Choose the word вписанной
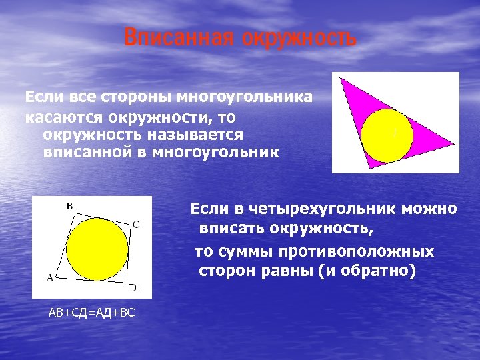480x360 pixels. coord(85,153)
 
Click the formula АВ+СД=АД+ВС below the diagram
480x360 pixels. coord(91,313)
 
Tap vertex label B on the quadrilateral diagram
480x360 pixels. coord(69,207)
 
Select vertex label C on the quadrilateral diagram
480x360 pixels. coord(136,224)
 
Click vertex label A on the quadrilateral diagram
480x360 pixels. coord(49,277)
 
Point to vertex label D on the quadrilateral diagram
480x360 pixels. coord(133,287)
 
